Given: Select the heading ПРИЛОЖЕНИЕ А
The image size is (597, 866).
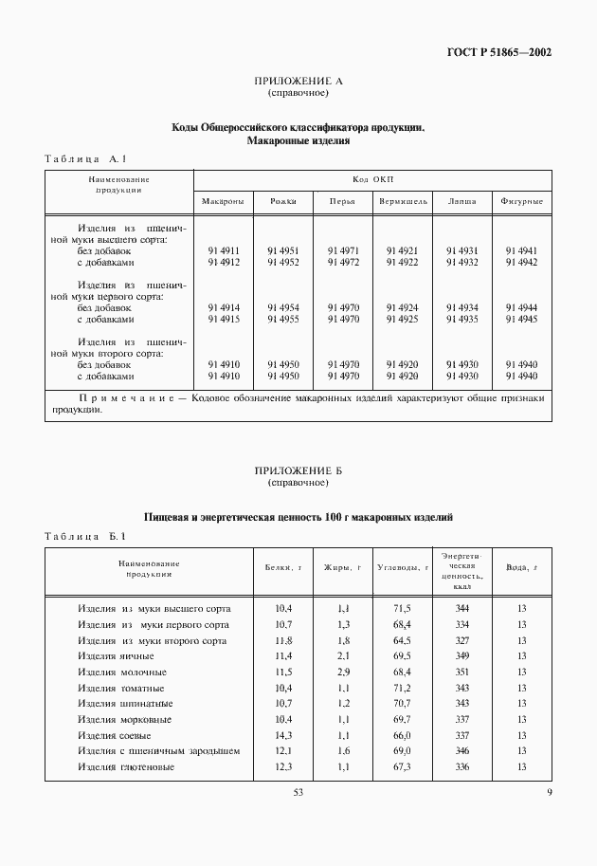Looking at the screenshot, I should [298, 83].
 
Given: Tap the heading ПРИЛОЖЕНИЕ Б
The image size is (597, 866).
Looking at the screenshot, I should [298, 471].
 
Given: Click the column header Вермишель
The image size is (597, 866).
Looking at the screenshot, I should [403, 201].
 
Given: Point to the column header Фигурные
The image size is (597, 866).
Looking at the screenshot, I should [521, 201].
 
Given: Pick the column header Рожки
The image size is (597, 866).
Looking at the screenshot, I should [282, 201].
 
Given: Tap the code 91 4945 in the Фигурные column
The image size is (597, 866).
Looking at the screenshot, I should [521, 320].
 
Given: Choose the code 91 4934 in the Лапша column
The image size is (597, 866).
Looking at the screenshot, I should [462, 308].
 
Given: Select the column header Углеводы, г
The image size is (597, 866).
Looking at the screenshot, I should [403, 567].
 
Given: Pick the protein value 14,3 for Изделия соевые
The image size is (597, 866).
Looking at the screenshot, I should [283, 735].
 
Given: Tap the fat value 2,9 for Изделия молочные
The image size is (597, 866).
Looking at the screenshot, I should [344, 672].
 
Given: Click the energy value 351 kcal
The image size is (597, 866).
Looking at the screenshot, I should [462, 672].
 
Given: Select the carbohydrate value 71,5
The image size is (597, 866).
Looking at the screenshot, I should [402, 608].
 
